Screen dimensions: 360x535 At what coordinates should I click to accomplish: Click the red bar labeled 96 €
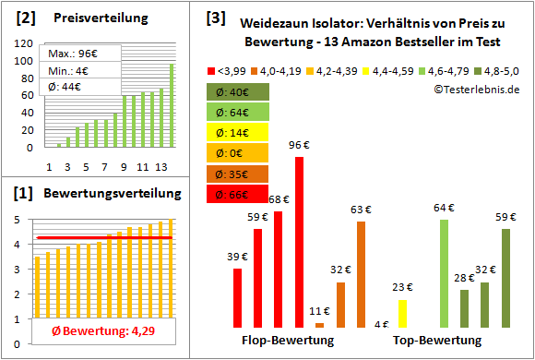[299, 242]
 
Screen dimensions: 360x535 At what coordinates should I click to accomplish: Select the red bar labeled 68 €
[279, 269]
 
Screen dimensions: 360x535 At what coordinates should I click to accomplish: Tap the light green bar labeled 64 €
[444, 273]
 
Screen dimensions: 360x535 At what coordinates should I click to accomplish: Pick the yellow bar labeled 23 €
[402, 313]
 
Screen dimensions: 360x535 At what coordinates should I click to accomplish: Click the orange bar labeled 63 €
[361, 274]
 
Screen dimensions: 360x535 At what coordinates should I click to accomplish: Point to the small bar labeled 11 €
[319, 325]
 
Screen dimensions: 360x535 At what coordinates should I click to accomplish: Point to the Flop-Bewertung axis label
[288, 341]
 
